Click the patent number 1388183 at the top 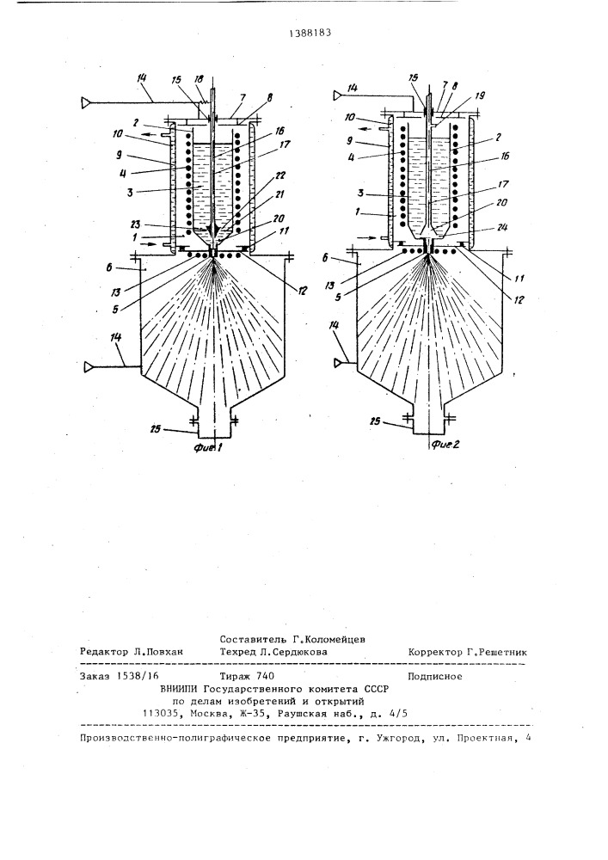310,33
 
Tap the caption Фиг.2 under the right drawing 445,445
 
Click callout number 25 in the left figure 157,429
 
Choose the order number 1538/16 135,676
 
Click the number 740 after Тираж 266,676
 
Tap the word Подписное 435,676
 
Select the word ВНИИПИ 179,690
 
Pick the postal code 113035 161,714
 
